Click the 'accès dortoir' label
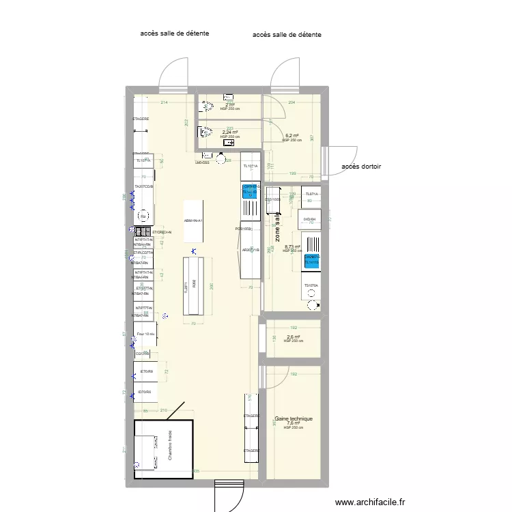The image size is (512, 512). click(x=361, y=167)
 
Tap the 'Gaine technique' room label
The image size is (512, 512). click(x=294, y=419)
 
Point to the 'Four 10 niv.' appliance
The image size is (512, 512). click(x=146, y=334)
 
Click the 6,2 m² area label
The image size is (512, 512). click(x=291, y=136)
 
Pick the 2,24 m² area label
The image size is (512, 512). click(x=229, y=132)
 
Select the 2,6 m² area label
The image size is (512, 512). click(x=294, y=337)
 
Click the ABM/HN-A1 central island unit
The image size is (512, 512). click(x=193, y=221)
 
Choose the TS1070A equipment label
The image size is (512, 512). click(x=311, y=285)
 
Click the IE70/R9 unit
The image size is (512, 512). click(x=145, y=372)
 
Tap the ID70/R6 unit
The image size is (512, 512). click(x=145, y=392)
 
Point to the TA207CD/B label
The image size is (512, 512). click(x=144, y=186)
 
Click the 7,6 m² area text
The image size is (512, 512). click(x=293, y=423)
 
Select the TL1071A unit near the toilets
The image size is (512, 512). click(x=251, y=166)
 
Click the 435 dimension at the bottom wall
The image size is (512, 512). click(x=197, y=471)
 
